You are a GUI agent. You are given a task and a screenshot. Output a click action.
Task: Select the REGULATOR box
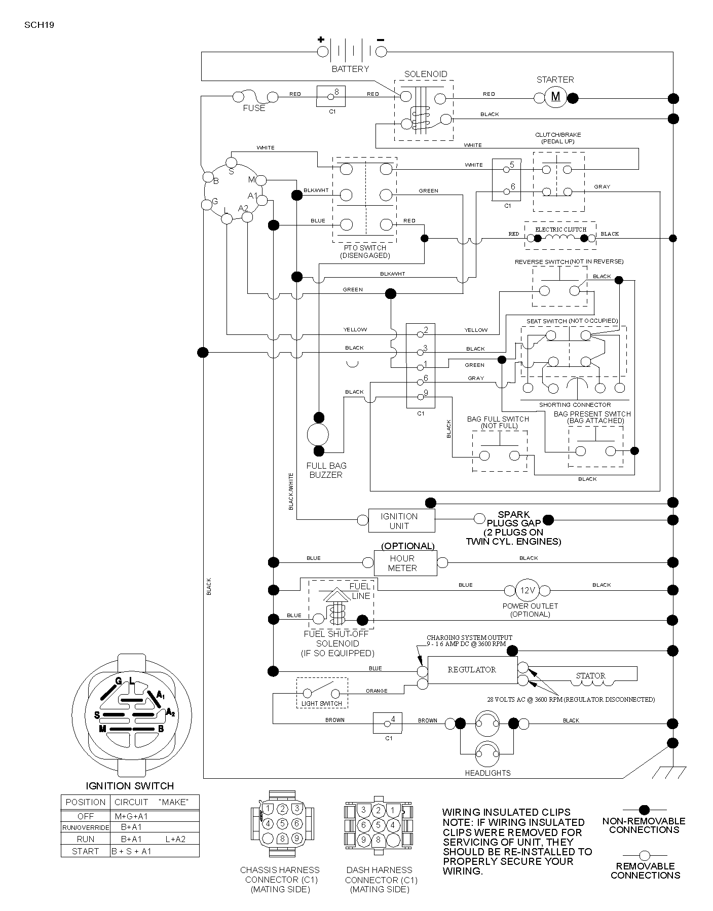pos(472,670)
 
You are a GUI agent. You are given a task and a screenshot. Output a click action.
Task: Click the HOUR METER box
pos(405,563)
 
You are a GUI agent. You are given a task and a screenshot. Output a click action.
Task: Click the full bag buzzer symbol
pos(318,434)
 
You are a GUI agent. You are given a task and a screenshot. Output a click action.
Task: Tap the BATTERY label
pos(350,69)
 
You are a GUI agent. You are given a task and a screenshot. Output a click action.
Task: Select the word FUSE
pos(254,108)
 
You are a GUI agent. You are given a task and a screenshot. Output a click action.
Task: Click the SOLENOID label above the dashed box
pos(426,74)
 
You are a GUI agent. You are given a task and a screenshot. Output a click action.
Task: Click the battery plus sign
pos(320,40)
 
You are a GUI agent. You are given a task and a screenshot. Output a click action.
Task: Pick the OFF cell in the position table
pos(86,816)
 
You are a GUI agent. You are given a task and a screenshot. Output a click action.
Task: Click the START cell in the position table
pos(86,851)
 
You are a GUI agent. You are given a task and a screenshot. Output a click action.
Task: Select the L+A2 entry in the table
pos(175,839)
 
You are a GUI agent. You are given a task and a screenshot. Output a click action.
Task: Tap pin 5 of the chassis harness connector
pos(283,823)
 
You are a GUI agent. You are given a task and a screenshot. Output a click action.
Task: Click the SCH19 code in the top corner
pos(39,24)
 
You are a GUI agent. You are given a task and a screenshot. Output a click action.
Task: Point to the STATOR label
pos(591,675)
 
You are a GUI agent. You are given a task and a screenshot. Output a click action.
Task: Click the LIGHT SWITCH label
pos(322,703)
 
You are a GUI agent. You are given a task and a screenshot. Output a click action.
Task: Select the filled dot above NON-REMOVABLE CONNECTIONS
pos(645,810)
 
